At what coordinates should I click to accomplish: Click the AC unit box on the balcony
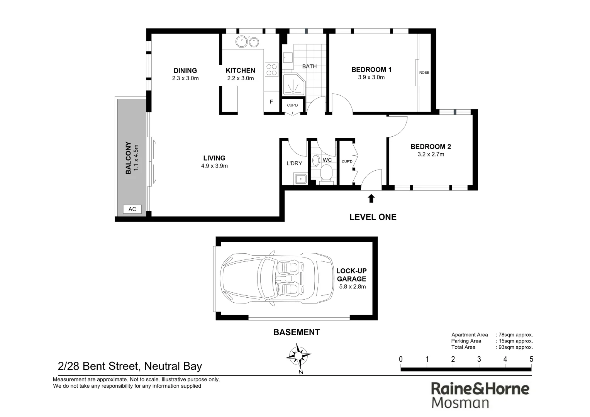(x=132, y=209)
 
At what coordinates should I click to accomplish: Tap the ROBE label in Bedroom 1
(x=424, y=73)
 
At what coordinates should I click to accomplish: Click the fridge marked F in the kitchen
(x=271, y=102)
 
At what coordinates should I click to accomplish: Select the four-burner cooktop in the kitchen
(x=271, y=70)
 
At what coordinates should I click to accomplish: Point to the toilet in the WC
(x=327, y=173)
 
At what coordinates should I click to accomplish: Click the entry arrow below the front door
(x=371, y=198)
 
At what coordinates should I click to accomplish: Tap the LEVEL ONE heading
(x=373, y=217)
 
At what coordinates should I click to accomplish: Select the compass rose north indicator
(x=299, y=356)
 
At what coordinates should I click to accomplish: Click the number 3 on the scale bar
(x=479, y=359)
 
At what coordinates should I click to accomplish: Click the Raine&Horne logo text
(x=480, y=388)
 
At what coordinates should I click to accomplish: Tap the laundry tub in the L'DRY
(x=300, y=179)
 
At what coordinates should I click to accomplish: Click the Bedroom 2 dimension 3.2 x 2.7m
(x=431, y=154)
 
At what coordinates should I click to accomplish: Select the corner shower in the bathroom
(x=293, y=85)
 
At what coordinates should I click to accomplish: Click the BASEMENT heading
(x=296, y=332)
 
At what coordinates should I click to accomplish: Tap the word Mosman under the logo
(x=460, y=403)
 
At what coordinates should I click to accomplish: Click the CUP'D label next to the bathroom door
(x=292, y=105)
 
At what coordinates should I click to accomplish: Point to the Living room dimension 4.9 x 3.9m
(x=214, y=166)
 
